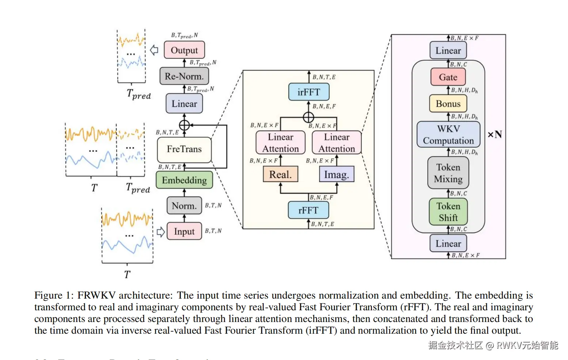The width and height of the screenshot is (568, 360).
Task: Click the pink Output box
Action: pyautogui.click(x=184, y=50)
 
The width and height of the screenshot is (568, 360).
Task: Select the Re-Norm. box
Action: pyautogui.click(x=184, y=76)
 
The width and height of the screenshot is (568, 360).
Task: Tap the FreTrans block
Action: pyautogui.click(x=184, y=149)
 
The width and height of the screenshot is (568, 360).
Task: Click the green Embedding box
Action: pyautogui.click(x=184, y=180)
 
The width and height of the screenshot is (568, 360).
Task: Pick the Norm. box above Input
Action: pyautogui.click(x=184, y=206)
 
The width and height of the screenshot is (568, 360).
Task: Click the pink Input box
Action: pyautogui.click(x=184, y=231)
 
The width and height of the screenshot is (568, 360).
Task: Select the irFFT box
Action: pyautogui.click(x=308, y=92)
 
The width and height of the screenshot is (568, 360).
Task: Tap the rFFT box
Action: pyautogui.click(x=308, y=211)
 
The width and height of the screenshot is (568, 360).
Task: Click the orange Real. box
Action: pyautogui.click(x=280, y=174)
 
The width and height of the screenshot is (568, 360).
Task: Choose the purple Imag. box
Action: pyautogui.click(x=337, y=174)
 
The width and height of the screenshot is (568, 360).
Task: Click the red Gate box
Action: pyautogui.click(x=448, y=77)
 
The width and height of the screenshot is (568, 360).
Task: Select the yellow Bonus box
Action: pyautogui.click(x=448, y=104)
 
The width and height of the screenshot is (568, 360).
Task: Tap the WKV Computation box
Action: pyautogui.click(x=448, y=134)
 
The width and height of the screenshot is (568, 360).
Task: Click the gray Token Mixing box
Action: pyautogui.click(x=448, y=173)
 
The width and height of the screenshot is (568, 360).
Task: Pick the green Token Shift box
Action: pyautogui.click(x=448, y=212)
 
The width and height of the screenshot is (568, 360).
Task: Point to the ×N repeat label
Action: pyautogui.click(x=495, y=134)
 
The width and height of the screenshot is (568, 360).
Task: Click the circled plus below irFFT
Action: pyautogui.click(x=308, y=117)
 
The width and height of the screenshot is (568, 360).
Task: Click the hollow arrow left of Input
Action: pyautogui.click(x=160, y=232)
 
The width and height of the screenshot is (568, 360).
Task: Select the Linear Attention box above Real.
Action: pyautogui.click(x=280, y=143)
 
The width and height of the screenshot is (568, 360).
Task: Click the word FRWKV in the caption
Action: pyautogui.click(x=96, y=295)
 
